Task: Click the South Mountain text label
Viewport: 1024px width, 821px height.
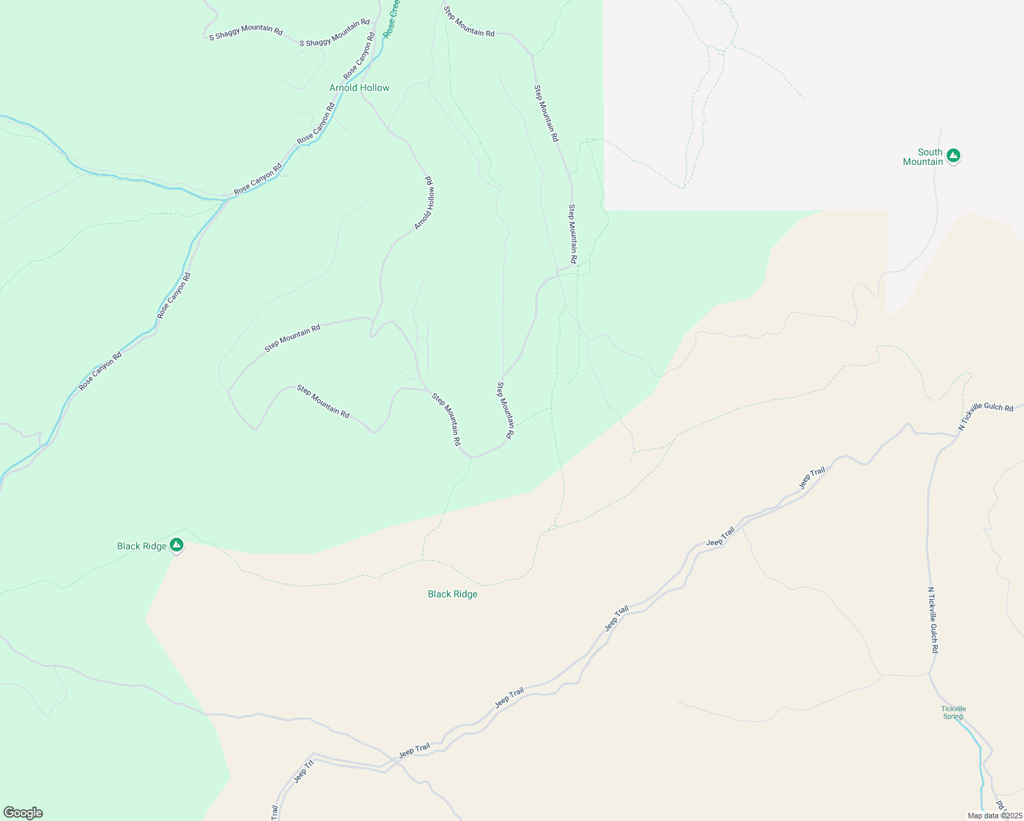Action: (923, 157)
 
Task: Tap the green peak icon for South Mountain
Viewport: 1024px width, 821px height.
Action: (953, 156)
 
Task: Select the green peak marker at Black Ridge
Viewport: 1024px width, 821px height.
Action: (177, 545)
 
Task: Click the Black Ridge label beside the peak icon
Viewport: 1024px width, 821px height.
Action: (142, 546)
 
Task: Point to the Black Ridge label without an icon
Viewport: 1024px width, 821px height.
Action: (452, 594)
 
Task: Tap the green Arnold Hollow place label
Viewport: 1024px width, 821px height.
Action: (359, 88)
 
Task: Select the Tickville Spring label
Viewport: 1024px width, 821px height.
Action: (953, 712)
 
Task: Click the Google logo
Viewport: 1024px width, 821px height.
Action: (23, 813)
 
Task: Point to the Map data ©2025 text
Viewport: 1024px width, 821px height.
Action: (994, 816)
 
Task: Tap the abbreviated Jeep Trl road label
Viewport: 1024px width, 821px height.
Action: (303, 771)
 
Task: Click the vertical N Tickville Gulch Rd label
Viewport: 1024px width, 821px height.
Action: (933, 620)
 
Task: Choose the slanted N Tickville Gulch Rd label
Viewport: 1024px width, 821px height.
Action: (985, 415)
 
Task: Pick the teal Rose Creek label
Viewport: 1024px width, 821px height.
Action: (392, 18)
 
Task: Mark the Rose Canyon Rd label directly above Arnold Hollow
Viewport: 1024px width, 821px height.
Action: (359, 55)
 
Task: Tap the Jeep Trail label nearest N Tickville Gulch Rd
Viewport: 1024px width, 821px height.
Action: (812, 478)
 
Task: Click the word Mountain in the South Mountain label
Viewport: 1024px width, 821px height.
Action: (923, 161)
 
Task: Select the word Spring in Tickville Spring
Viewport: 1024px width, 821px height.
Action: (953, 716)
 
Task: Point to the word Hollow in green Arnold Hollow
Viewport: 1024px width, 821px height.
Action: (375, 88)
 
